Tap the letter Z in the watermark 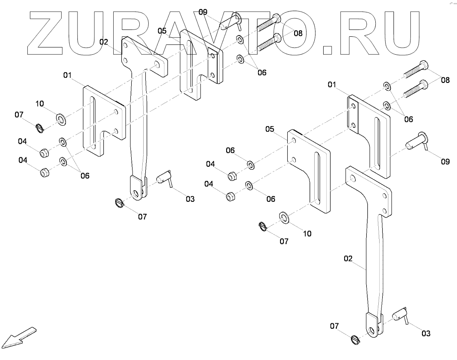pos(50,32)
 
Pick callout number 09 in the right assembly pos(445,162)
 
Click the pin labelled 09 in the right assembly pos(417,140)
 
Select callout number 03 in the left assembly pos(190,199)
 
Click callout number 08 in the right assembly pos(445,80)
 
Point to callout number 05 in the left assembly pos(162,31)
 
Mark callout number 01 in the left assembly pos(67,76)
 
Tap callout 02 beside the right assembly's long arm pos(348,259)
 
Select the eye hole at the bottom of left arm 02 pos(136,195)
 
